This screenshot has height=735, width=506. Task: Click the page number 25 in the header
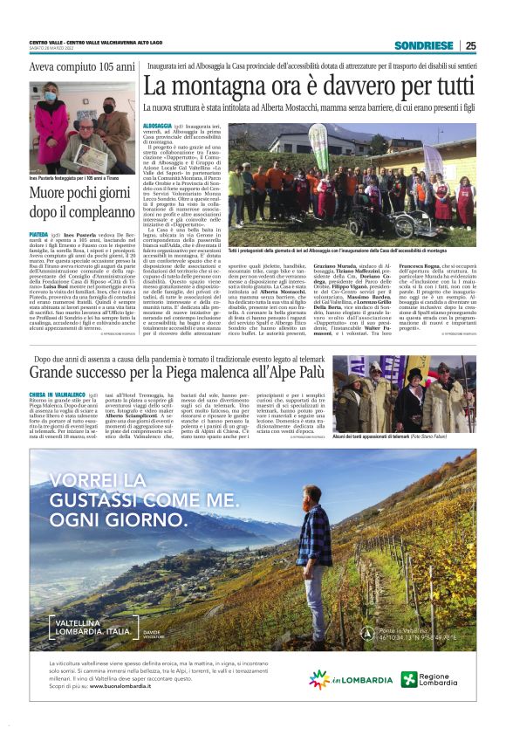[470, 45]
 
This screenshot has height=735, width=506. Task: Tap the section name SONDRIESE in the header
[424, 45]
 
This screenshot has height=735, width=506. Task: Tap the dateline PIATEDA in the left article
[40, 234]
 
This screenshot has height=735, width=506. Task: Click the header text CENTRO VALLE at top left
[51, 42]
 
